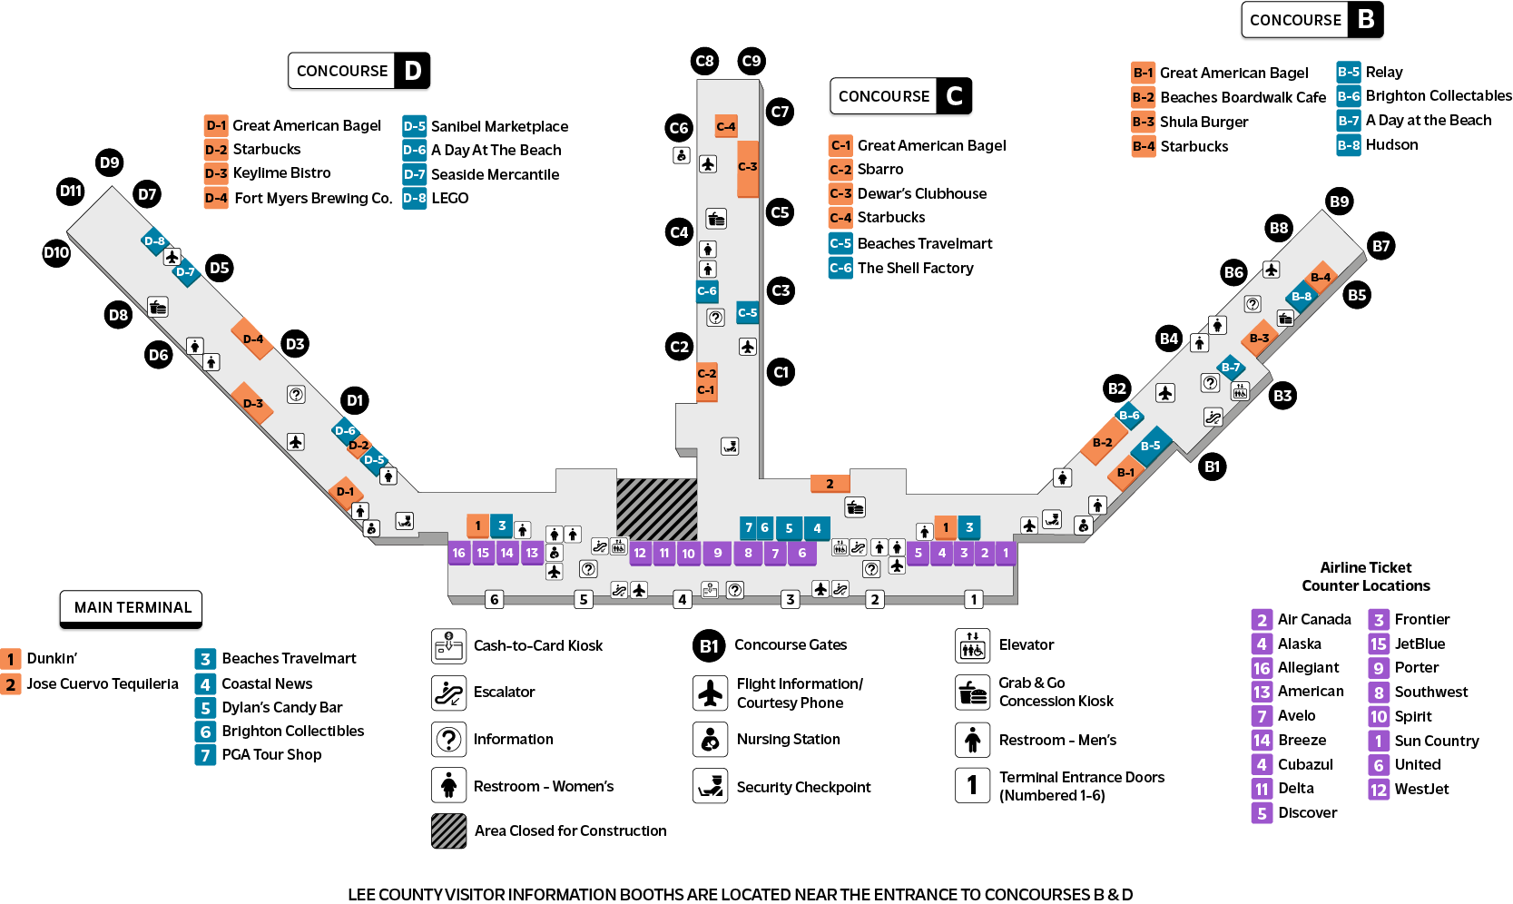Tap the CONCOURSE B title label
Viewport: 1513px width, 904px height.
1311,20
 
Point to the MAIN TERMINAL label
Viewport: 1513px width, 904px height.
132,607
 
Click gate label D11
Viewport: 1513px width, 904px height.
71,192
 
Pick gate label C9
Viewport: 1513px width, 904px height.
752,62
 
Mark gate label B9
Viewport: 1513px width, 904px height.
1339,201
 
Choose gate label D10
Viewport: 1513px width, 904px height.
56,253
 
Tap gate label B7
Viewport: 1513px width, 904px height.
1380,247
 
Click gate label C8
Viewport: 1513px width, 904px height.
704,62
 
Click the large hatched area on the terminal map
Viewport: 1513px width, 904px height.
656,508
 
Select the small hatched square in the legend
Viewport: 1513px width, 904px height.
448,830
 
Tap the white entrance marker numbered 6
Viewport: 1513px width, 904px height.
494,599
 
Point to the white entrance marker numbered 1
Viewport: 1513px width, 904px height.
973,599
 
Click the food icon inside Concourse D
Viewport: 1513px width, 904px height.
158,307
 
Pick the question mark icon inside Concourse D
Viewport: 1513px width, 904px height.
296,394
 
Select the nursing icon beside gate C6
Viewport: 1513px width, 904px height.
682,155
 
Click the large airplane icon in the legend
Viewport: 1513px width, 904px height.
710,693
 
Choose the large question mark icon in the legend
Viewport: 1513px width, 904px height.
448,740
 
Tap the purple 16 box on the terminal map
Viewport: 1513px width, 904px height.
458,553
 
